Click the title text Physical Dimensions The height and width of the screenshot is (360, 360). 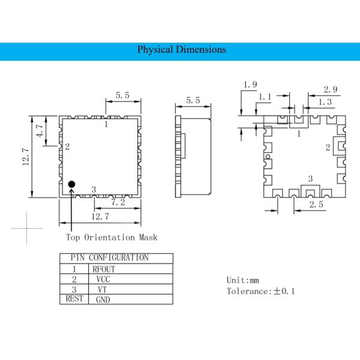(x=182, y=50)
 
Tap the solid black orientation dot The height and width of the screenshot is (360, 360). (x=71, y=184)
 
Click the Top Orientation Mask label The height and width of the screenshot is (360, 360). (x=112, y=237)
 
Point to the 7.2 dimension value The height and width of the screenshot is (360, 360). (x=118, y=203)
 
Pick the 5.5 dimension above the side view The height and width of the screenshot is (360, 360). (x=193, y=101)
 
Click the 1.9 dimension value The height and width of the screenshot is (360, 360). (x=251, y=85)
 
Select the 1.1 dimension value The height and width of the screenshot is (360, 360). (x=265, y=97)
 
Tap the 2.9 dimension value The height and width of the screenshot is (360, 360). (x=330, y=89)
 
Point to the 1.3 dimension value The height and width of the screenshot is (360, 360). (x=325, y=102)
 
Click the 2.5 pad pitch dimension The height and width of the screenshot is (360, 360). (x=317, y=205)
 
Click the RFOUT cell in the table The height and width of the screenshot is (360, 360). (x=104, y=269)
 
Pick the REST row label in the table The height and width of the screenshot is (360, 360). (x=74, y=299)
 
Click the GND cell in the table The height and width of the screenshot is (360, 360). (x=103, y=299)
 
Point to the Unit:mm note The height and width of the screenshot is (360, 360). (x=242, y=280)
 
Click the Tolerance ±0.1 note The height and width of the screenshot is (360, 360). (x=260, y=292)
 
